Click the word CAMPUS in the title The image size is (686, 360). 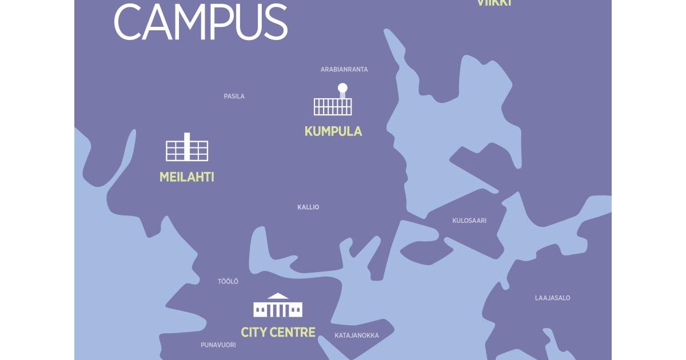(x=200, y=22)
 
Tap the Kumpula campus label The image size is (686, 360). (x=333, y=131)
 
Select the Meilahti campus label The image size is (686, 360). (x=187, y=177)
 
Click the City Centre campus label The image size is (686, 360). (x=278, y=332)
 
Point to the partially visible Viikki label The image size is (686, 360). (x=494, y=3)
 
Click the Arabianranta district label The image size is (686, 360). (x=344, y=70)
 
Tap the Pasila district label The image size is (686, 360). (x=234, y=97)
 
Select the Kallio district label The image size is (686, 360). (x=308, y=207)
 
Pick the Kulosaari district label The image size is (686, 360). (x=469, y=221)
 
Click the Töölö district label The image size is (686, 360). (x=228, y=282)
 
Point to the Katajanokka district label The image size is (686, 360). (x=357, y=335)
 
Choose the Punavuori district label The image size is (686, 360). (x=218, y=345)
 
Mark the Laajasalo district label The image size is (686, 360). (x=552, y=298)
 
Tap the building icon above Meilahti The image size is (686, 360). (x=187, y=149)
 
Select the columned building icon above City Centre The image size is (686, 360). (x=278, y=307)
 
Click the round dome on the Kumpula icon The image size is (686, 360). (x=342, y=88)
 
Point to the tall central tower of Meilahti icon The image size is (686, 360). (x=187, y=146)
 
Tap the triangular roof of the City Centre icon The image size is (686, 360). (x=278, y=296)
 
